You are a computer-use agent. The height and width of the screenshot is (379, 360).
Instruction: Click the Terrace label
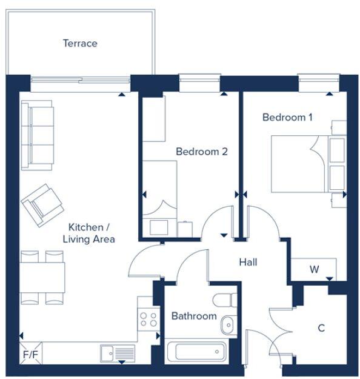click(x=80, y=43)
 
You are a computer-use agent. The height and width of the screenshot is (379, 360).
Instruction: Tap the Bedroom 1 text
click(x=287, y=117)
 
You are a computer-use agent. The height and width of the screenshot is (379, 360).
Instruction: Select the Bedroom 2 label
click(x=201, y=151)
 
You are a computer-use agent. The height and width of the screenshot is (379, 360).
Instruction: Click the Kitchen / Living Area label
click(x=88, y=233)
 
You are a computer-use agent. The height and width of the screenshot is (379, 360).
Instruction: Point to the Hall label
click(x=248, y=262)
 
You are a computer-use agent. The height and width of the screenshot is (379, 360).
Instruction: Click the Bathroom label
click(x=193, y=316)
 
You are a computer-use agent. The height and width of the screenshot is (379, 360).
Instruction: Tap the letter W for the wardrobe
click(x=314, y=269)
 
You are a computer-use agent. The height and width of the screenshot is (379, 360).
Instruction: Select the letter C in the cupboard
click(x=321, y=328)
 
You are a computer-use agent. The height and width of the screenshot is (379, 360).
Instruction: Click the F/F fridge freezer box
click(x=29, y=352)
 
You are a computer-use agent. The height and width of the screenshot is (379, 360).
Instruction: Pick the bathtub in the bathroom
click(x=196, y=352)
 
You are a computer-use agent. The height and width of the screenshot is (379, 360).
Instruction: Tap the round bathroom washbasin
click(x=227, y=325)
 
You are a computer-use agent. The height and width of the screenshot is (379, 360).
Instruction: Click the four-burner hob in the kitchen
click(x=148, y=317)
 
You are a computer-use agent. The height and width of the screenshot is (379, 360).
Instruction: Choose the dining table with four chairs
click(x=42, y=277)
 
